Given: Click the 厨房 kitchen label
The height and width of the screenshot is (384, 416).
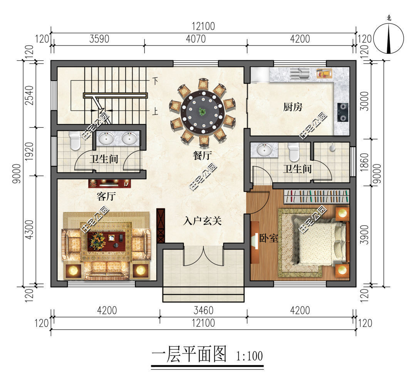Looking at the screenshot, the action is pyautogui.click(x=293, y=107).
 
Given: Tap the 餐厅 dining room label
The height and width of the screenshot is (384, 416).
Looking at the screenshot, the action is pyautogui.click(x=202, y=155).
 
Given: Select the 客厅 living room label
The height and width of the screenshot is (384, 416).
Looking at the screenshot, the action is pyautogui.click(x=106, y=196).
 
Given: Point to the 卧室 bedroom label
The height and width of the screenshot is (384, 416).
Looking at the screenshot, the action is pyautogui.click(x=268, y=238).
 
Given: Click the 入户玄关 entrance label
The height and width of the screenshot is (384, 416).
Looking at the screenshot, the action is pyautogui.click(x=202, y=221).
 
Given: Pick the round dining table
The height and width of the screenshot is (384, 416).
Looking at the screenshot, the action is pyautogui.click(x=203, y=112).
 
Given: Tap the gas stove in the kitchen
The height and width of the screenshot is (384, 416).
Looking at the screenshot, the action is pyautogui.click(x=343, y=112).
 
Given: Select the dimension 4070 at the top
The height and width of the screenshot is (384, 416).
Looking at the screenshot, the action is pyautogui.click(x=196, y=39).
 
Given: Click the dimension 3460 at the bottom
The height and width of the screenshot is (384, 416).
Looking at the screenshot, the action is pyautogui.click(x=203, y=310).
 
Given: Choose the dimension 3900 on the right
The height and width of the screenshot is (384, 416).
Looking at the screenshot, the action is pyautogui.click(x=365, y=234).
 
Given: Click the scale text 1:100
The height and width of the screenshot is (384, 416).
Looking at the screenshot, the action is pyautogui.click(x=249, y=356).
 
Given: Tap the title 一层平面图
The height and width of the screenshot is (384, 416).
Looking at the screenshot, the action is pyautogui.click(x=189, y=354).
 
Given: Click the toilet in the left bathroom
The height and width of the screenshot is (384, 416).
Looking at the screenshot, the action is pyautogui.click(x=75, y=141).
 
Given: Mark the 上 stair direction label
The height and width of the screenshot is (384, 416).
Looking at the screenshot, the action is pyautogui.click(x=155, y=111).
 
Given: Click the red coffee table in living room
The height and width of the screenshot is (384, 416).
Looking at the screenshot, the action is pyautogui.click(x=107, y=241).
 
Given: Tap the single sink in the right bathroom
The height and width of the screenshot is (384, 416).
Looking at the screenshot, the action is pyautogui.click(x=264, y=150).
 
